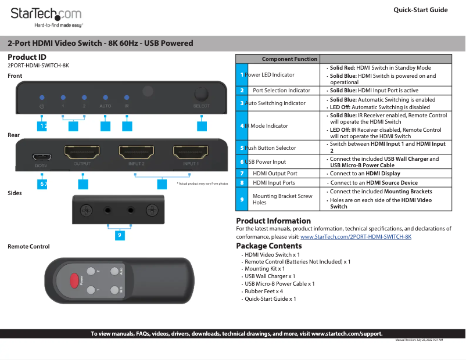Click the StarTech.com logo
46,15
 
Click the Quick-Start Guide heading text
420,10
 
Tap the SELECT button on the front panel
201,95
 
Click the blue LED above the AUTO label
105,98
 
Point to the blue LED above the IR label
127,98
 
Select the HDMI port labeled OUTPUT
82,154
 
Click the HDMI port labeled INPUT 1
191,153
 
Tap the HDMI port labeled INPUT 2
137,153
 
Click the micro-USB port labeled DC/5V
41,157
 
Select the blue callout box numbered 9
119,235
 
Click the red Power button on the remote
74,280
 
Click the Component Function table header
289,59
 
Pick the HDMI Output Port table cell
275,173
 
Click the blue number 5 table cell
242,148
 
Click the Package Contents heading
268,246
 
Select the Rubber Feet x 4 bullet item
264,291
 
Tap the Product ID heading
27,57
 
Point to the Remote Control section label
28,247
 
